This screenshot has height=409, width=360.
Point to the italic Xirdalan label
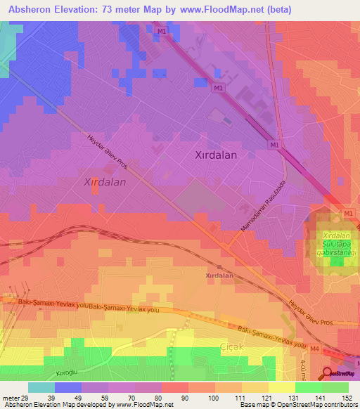(105, 181)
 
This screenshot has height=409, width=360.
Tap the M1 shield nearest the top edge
(162, 32)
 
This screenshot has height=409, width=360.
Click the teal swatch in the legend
(41, 387)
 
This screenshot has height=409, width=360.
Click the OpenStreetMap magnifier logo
(328, 374)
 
